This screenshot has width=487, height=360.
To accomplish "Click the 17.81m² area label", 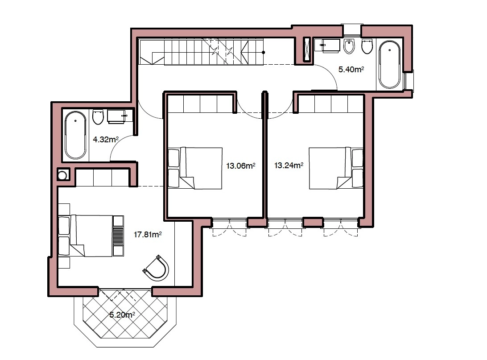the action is pyautogui.click(x=148, y=235).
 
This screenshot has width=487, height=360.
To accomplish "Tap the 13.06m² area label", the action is pyautogui.click(x=240, y=166).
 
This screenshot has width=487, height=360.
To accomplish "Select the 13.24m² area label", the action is pyautogui.click(x=289, y=165).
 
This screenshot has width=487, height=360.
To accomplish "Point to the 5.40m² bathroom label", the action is pyautogui.click(x=351, y=70).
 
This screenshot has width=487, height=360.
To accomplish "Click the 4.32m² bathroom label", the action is pyautogui.click(x=106, y=140).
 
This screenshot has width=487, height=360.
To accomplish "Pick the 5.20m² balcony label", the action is pyautogui.click(x=122, y=315).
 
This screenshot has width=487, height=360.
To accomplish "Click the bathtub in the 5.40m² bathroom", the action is pyautogui.click(x=389, y=65).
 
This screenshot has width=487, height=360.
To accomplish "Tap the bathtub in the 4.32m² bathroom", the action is pyautogui.click(x=75, y=135).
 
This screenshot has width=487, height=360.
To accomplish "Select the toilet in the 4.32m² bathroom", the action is pyautogui.click(x=98, y=117).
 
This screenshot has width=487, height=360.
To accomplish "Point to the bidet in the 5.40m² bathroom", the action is pyautogui.click(x=349, y=46).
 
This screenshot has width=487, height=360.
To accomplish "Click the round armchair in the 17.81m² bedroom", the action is pyautogui.click(x=156, y=268).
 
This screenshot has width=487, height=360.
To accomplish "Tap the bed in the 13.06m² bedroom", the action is pyautogui.click(x=195, y=168).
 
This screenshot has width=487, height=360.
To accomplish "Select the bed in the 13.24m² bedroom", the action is pyautogui.click(x=336, y=168).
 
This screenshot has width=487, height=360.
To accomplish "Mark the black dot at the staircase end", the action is pyautogui.click(x=264, y=53).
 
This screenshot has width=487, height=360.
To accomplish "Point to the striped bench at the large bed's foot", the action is pyautogui.click(x=118, y=236).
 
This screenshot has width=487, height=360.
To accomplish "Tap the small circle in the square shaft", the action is pyautogui.click(x=62, y=175).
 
